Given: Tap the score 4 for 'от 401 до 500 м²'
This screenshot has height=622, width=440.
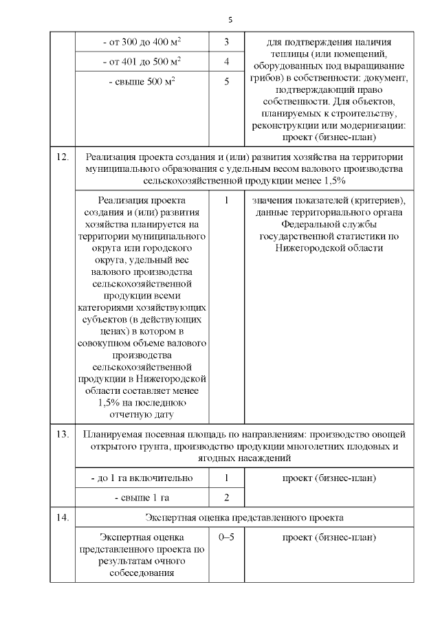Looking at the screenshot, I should tap(227, 62).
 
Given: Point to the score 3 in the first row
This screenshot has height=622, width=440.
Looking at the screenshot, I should tap(227, 43).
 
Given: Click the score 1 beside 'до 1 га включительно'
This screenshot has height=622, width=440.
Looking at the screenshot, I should tap(227, 478).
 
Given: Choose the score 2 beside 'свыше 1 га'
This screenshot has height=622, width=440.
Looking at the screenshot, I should tap(227, 497).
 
